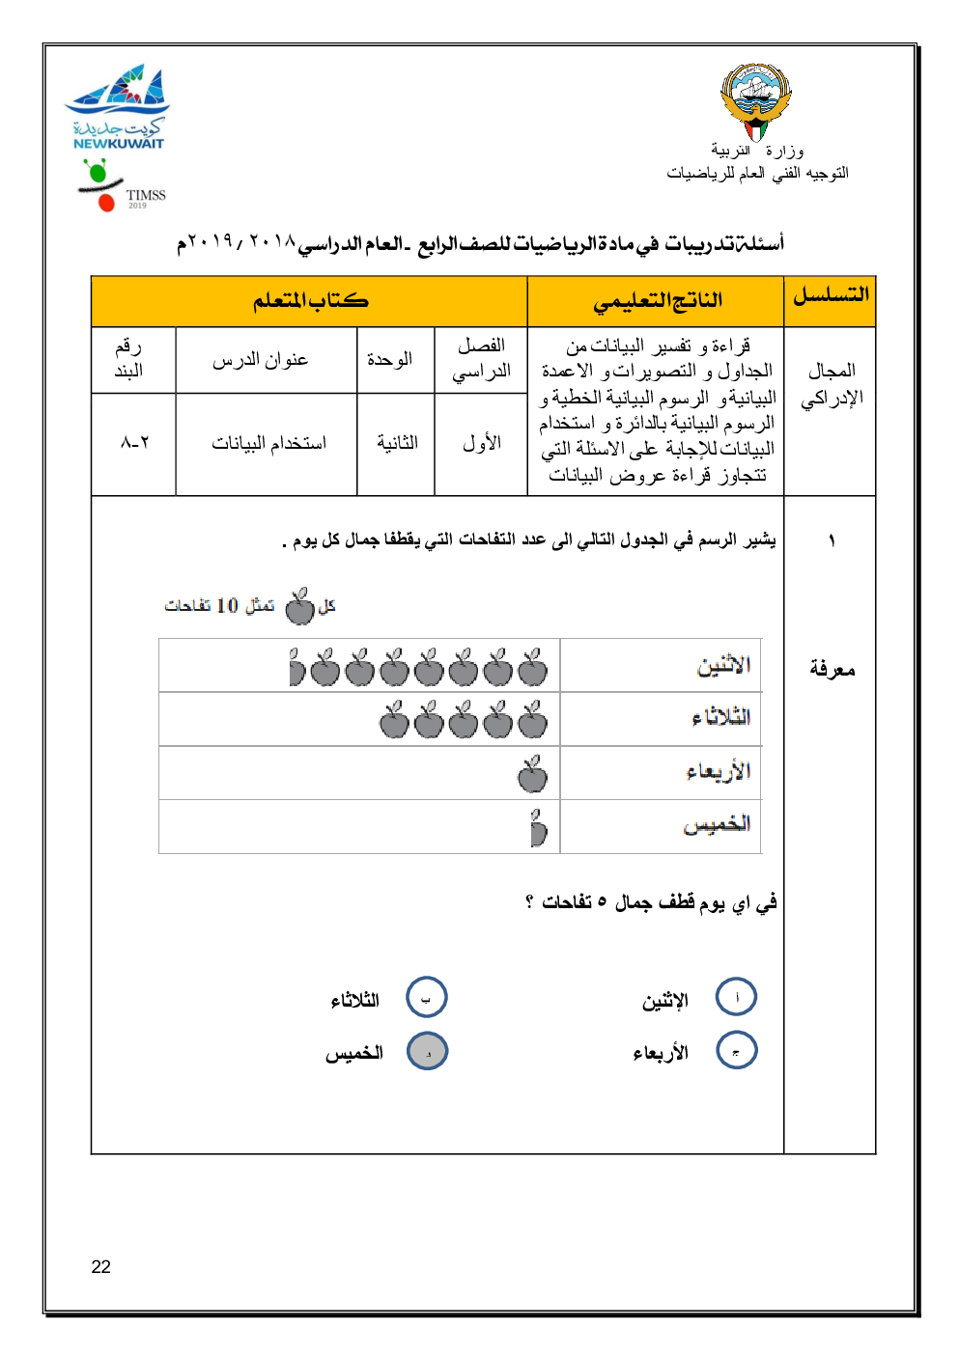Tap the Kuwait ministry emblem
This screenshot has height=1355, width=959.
pyautogui.click(x=755, y=100)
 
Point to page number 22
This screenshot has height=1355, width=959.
pyautogui.click(x=101, y=1267)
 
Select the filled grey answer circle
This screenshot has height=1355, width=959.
pyautogui.click(x=428, y=1051)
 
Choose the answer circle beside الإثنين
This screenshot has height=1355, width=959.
pyautogui.click(x=736, y=997)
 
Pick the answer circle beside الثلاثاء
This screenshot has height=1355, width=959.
pyautogui.click(x=427, y=997)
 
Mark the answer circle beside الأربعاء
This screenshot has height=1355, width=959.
pyautogui.click(x=736, y=1051)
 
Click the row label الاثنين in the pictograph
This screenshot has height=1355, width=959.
pyautogui.click(x=724, y=665)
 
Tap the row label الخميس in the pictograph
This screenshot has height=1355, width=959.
pyautogui.click(x=717, y=824)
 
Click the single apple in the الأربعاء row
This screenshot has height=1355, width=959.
pyautogui.click(x=532, y=773)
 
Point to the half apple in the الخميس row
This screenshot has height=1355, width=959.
pyautogui.click(x=538, y=827)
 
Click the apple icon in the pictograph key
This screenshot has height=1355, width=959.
pyautogui.click(x=300, y=606)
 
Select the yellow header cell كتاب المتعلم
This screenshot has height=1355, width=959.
pyautogui.click(x=309, y=301)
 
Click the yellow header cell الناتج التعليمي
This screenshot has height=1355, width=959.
pyautogui.click(x=657, y=301)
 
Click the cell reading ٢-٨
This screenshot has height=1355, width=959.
pyautogui.click(x=134, y=443)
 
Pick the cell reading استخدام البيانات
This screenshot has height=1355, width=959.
pyautogui.click(x=268, y=443)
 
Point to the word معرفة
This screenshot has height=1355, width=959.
pyautogui.click(x=832, y=669)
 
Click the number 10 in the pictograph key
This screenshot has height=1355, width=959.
pyautogui.click(x=227, y=606)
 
